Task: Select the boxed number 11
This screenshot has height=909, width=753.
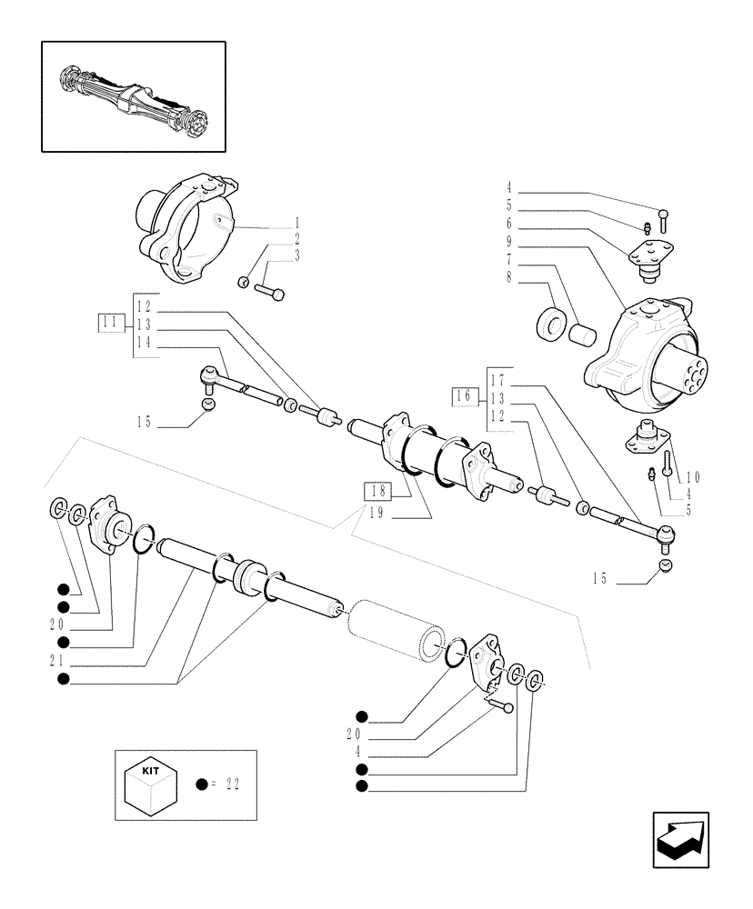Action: pos(109,320)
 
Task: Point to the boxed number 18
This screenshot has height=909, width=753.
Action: pos(377,492)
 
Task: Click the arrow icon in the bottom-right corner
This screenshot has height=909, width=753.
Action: pos(682,841)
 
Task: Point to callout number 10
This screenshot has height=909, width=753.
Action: pos(693,476)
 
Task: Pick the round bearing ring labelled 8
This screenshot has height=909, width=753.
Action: pos(551,323)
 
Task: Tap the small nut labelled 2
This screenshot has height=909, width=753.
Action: pos(244,283)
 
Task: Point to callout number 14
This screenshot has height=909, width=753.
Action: pos(143,342)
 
